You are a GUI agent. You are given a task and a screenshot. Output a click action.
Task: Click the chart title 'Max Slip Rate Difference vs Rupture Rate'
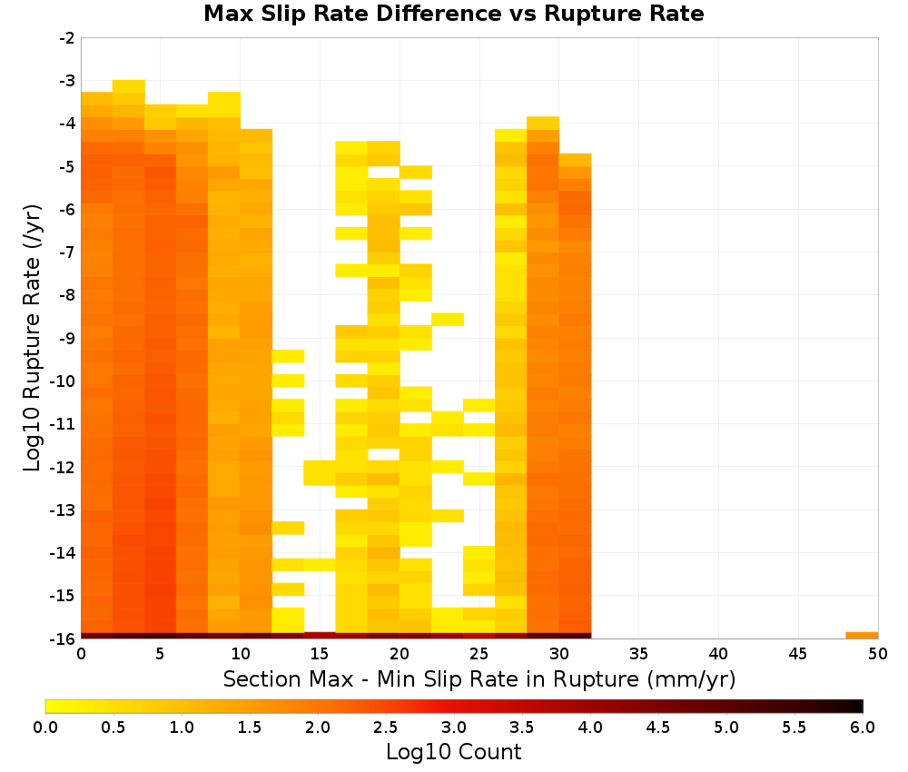pyautogui.click(x=453, y=14)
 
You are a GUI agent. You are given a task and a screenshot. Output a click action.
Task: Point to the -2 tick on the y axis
pyautogui.click(x=67, y=38)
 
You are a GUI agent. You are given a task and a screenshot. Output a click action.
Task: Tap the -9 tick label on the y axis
pyautogui.click(x=67, y=338)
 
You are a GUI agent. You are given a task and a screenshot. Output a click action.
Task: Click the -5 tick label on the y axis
pyautogui.click(x=67, y=167)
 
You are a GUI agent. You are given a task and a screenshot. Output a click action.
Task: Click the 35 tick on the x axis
pyautogui.click(x=638, y=655)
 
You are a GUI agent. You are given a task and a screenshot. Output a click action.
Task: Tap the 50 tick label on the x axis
pyautogui.click(x=878, y=655)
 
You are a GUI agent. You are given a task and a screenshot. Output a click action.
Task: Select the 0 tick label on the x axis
pyautogui.click(x=81, y=655)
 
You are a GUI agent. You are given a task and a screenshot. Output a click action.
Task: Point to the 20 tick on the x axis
pyautogui.click(x=400, y=655)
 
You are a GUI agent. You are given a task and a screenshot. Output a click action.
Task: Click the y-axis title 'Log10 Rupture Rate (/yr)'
pyautogui.click(x=33, y=338)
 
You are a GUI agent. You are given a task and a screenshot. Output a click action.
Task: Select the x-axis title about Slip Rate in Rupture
pyautogui.click(x=479, y=679)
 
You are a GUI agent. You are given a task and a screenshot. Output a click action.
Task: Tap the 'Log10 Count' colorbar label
pyautogui.click(x=453, y=752)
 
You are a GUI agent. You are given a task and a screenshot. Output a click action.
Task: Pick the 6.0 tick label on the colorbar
pyautogui.click(x=863, y=727)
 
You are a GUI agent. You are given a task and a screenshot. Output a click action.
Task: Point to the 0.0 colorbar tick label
pyautogui.click(x=45, y=727)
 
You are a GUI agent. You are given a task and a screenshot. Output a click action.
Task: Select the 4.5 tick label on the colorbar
pyautogui.click(x=658, y=727)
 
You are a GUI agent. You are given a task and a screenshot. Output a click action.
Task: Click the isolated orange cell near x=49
pyautogui.click(x=862, y=636)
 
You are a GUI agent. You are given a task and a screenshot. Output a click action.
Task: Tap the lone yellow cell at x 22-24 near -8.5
pyautogui.click(x=448, y=319)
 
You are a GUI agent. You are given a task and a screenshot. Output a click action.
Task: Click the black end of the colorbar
pyautogui.click(x=859, y=706)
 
